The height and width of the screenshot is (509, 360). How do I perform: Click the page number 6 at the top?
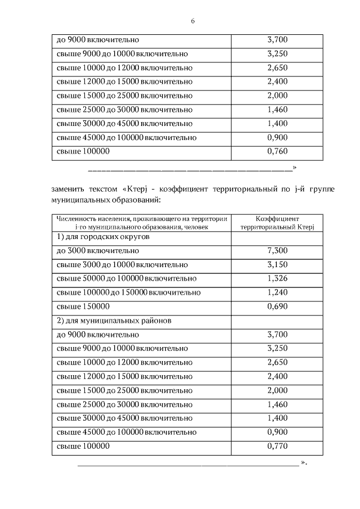point(192,21)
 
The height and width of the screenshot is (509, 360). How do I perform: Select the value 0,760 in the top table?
point(277,151)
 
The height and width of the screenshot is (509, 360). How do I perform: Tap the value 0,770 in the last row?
point(277,446)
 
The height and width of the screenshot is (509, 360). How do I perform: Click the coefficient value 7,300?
point(277,250)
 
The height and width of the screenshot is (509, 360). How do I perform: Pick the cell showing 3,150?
point(277,264)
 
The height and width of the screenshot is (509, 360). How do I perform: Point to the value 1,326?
point(277,278)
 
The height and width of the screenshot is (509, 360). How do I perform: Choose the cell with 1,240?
point(277,292)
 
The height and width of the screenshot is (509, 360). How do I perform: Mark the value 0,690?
point(277,307)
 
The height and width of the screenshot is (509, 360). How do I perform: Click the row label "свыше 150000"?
point(83,307)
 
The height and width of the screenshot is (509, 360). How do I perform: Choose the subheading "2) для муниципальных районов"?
point(114,321)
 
